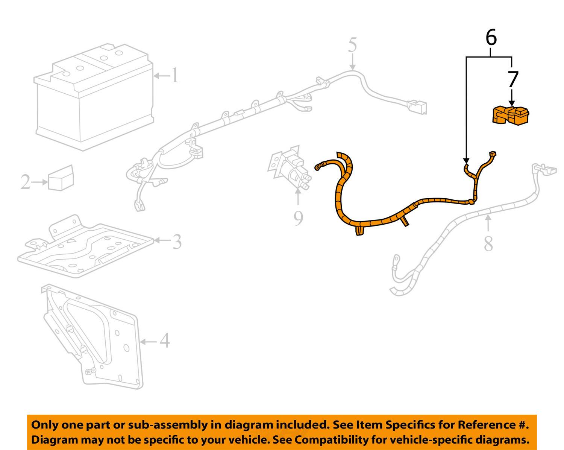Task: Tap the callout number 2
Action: pos(25,182)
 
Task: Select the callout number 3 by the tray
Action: pos(177,242)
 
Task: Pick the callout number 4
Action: pos(165,341)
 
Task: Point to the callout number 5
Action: pos(352,45)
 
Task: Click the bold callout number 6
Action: pos(491,38)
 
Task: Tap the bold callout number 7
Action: pos(513,80)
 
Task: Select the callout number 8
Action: pos(488,244)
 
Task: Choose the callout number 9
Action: pos(298,218)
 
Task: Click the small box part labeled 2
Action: pos(61,178)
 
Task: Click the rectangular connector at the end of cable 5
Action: pos(418,107)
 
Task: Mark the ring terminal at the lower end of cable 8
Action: pos(396,259)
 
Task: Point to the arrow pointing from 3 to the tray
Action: pos(162,240)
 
